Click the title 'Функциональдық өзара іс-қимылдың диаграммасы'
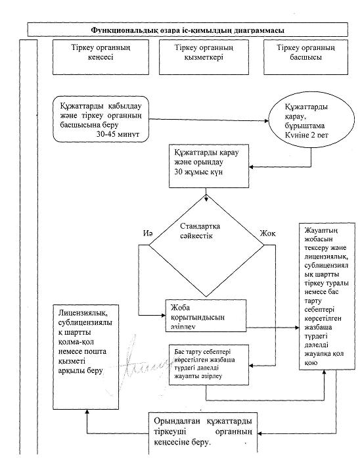click(187, 30)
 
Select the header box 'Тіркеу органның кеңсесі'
click(101, 57)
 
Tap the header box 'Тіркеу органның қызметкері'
click(204, 57)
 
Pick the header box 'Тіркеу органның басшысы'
click(305, 57)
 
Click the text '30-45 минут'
click(118, 134)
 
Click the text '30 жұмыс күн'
click(198, 172)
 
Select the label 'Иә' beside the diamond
click(148, 233)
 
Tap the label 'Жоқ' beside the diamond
click(268, 233)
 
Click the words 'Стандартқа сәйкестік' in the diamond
click(200, 231)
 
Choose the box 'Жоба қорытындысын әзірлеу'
click(206, 316)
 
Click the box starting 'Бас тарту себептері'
click(209, 365)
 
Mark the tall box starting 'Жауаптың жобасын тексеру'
click(327, 296)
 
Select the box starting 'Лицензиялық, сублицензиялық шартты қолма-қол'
click(86, 357)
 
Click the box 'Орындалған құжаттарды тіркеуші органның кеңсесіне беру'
click(203, 433)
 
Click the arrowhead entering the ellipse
click(267, 120)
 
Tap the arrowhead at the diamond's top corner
click(206, 199)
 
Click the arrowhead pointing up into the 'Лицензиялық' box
click(87, 412)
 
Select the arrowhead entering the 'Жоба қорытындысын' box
click(164, 315)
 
